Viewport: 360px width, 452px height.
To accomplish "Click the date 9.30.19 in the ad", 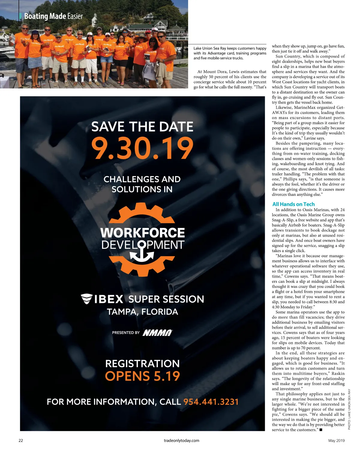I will point(142,148).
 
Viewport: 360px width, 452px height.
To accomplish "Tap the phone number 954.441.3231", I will point(211,402).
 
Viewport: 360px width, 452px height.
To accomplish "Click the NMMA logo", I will point(157,333).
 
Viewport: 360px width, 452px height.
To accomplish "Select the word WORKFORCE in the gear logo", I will point(142,233).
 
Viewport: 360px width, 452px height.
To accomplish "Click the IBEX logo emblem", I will point(86,299).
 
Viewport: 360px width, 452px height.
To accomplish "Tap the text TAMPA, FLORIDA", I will point(142,312).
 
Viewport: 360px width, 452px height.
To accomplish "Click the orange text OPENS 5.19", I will point(142,376).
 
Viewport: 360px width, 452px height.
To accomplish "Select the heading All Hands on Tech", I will point(293,204).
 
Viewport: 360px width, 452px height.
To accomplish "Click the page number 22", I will point(21,441).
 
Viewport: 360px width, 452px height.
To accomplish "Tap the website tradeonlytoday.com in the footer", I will point(181,441).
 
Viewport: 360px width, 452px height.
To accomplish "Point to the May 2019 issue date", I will point(336,441).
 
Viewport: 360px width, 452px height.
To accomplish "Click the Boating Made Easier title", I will point(53,16).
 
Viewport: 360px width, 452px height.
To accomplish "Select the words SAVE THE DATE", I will point(142,127).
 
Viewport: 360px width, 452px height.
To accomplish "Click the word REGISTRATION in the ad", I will point(142,364).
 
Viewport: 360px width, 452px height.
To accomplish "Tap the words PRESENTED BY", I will point(126,333).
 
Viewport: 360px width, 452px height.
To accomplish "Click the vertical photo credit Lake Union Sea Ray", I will point(349,409).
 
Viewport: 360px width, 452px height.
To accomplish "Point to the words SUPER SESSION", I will point(166,299).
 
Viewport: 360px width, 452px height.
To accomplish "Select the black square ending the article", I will point(321,430).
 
